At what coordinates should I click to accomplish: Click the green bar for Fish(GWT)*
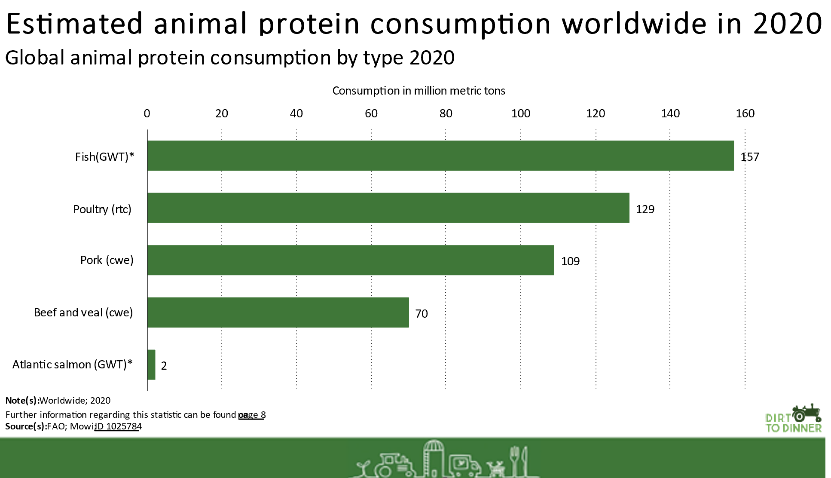[x=440, y=156]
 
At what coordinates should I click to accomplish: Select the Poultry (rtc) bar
[x=388, y=208]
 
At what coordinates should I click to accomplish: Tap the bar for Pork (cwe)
[x=351, y=260]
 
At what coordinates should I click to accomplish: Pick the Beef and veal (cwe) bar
[x=278, y=313]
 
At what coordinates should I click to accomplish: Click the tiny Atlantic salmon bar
[x=151, y=365]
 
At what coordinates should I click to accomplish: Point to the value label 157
[x=750, y=157]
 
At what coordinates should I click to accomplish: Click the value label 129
[x=645, y=209]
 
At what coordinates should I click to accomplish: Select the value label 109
[x=570, y=261]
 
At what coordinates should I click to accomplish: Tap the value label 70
[x=422, y=314]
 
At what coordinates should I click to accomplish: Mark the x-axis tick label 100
[x=521, y=113]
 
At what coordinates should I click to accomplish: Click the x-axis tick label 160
[x=745, y=113]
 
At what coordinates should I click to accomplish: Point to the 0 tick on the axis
[x=147, y=113]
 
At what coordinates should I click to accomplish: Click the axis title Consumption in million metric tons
[x=419, y=91]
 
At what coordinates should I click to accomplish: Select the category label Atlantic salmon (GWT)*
[x=72, y=365]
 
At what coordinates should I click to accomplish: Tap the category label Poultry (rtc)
[x=102, y=209]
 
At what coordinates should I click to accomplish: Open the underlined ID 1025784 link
[x=118, y=426]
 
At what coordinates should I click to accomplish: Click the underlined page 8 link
[x=252, y=415]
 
